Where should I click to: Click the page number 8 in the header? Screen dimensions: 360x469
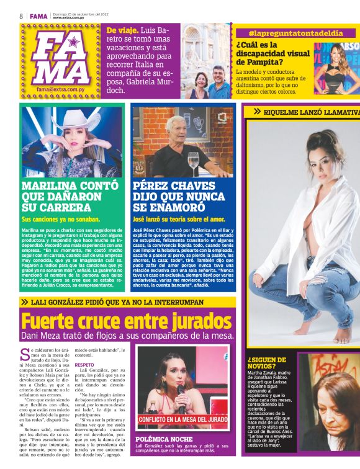tap(21, 15)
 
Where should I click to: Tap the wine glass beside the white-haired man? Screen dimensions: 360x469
tap(194, 162)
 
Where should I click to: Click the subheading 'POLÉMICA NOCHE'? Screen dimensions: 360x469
tap(161, 439)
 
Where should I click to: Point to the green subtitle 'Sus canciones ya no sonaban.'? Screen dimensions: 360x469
tap(61, 220)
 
